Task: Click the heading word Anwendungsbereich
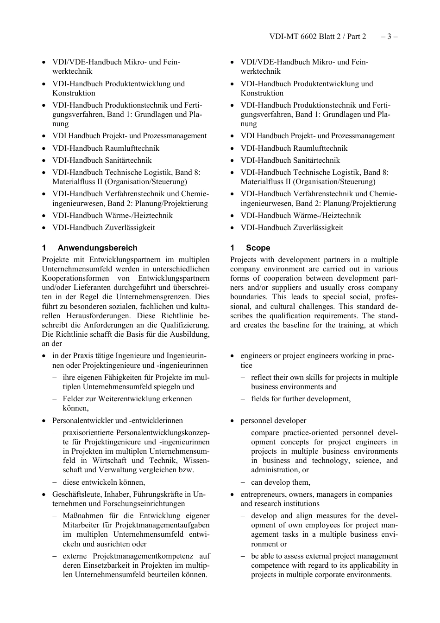coord(97,248)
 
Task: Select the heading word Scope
coord(258,248)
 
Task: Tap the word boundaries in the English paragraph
coord(249,297)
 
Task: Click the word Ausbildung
coord(190,334)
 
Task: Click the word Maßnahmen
coord(80,516)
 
